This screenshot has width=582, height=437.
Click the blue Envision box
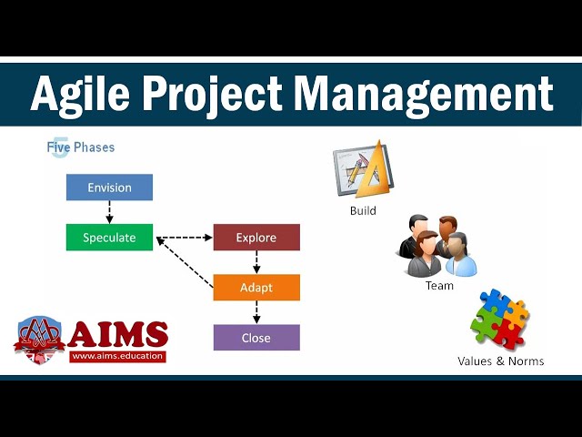coord(109,188)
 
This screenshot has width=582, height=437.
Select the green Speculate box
coord(109,238)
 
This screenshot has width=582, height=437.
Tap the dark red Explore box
coord(256,238)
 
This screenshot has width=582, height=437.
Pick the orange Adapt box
coord(256,288)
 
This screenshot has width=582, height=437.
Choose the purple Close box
coord(256,338)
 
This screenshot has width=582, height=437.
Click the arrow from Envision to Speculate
coord(109,212)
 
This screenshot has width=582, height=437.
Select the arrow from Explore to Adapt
coord(256,262)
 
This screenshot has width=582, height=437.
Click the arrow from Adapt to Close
coord(256,312)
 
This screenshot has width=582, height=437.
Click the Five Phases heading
coord(81,147)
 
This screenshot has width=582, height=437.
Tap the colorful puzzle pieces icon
coord(499,319)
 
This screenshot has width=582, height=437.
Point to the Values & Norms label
coord(500,361)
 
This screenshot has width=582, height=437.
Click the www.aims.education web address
coord(117,356)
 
